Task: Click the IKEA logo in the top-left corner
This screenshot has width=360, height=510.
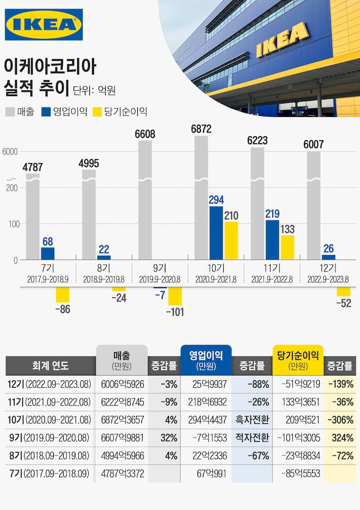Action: click(44, 25)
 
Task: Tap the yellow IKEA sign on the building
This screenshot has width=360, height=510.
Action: click(283, 39)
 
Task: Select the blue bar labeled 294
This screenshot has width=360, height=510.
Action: click(216, 233)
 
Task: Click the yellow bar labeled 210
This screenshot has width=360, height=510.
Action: click(231, 240)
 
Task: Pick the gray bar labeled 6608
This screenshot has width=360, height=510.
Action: click(145, 199)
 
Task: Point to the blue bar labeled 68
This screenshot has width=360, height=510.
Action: click(48, 253)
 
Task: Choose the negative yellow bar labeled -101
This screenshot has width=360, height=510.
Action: click(175, 297)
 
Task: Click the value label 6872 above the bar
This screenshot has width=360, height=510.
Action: click(201, 128)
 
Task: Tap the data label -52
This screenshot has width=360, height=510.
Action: click(344, 303)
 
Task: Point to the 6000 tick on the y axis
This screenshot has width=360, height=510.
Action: click(11, 152)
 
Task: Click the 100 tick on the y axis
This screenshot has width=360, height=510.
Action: click(13, 224)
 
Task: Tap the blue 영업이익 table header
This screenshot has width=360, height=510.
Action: click(206, 360)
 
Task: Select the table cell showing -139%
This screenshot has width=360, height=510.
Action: click(340, 384)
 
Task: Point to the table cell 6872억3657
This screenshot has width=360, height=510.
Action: click(122, 420)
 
